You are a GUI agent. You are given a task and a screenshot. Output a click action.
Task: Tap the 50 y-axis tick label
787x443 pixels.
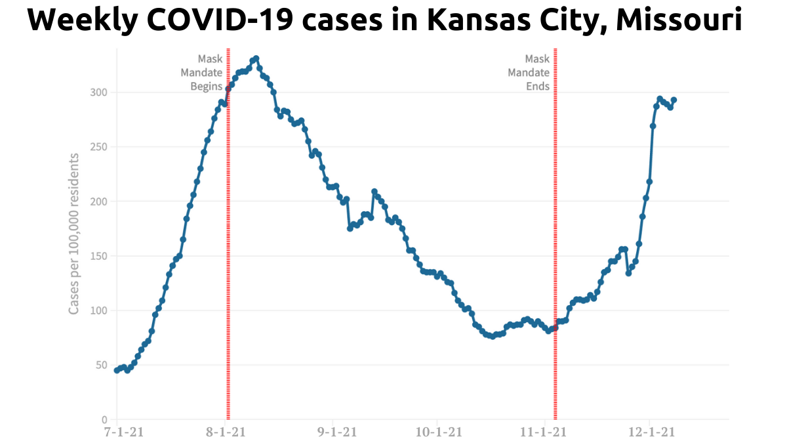(x=102, y=365)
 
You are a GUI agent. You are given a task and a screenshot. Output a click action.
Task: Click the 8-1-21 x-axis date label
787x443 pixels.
(x=226, y=432)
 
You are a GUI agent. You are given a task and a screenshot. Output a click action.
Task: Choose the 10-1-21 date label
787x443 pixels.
(x=439, y=432)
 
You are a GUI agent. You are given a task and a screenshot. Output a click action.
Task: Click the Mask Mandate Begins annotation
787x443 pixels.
(x=201, y=72)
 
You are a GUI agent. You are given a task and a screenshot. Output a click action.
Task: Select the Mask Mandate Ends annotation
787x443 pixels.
(x=529, y=72)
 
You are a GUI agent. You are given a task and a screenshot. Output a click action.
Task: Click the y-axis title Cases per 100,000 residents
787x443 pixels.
(x=74, y=233)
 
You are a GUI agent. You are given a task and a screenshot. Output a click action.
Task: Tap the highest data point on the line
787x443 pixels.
(x=256, y=58)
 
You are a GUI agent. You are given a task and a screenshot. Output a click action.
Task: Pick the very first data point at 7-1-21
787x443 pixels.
(x=117, y=370)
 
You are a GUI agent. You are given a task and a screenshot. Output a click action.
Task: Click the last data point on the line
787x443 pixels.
(x=674, y=100)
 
